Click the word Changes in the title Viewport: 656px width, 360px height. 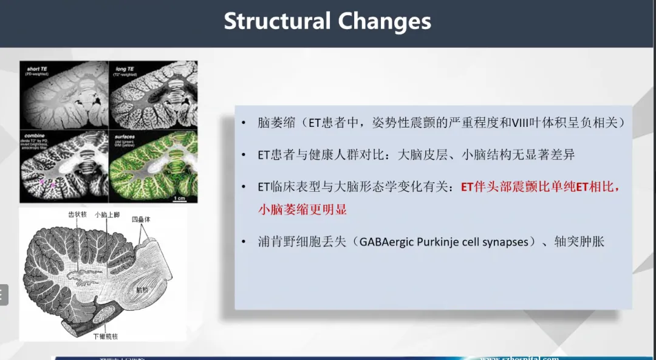tap(384, 21)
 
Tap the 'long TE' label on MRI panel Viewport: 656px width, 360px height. tap(126, 69)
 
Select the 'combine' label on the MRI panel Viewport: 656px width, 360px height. tap(36, 137)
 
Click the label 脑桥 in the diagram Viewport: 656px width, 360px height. tap(142, 291)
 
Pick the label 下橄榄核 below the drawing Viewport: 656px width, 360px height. tap(104, 336)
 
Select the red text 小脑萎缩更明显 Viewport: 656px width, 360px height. tap(302, 209)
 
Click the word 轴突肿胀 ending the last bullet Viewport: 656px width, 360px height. tap(579, 242)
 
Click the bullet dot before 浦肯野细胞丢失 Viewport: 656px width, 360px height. tap(244, 242)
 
